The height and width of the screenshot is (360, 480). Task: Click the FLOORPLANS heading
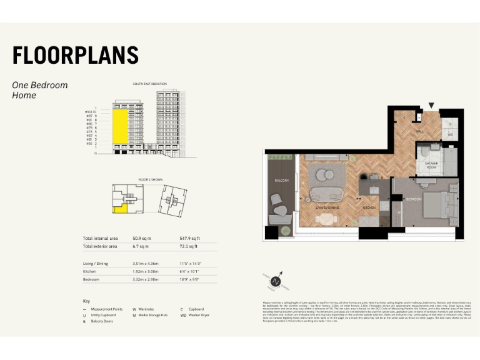[75, 55]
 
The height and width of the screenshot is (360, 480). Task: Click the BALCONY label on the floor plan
[281, 181]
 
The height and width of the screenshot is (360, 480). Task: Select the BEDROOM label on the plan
[414, 199]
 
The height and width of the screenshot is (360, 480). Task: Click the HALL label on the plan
[420, 131]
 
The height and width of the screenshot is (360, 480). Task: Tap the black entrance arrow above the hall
[430, 106]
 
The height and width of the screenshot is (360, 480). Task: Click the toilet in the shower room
[425, 152]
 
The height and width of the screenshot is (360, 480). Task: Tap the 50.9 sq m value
[142, 239]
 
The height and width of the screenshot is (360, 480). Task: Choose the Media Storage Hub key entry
[149, 316]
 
